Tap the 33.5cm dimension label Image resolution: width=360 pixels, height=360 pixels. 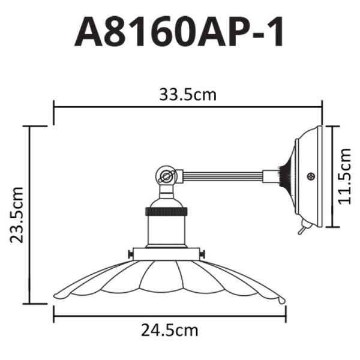[188, 95]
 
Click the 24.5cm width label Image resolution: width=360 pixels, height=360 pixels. [170, 329]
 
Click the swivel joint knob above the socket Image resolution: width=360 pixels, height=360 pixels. [166, 176]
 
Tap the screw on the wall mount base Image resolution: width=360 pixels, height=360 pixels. [311, 176]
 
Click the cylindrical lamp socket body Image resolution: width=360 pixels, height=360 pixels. [166, 231]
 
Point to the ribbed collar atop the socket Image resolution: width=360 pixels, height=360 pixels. [166, 211]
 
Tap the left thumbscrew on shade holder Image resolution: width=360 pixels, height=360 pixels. [130, 256]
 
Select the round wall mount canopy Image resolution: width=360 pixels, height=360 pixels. [307, 177]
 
